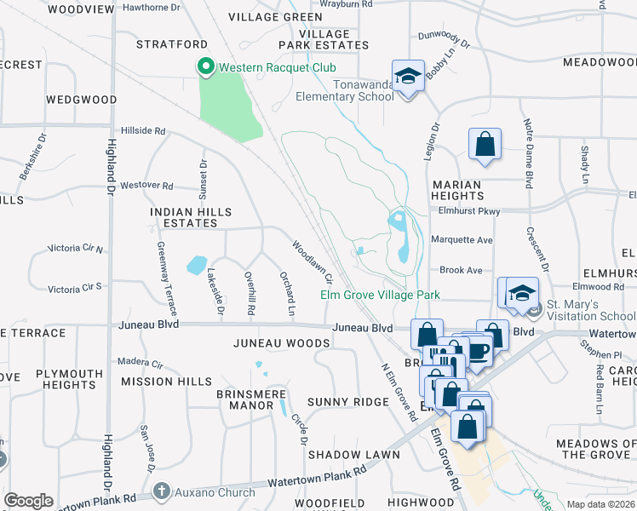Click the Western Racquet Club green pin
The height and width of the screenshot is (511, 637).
[204, 66]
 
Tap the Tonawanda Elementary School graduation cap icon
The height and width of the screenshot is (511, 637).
[409, 77]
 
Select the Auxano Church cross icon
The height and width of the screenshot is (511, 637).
[163, 491]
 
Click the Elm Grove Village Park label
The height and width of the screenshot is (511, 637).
[380, 295]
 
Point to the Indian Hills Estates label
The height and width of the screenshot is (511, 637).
[184, 217]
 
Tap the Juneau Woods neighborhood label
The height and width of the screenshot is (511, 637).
[281, 343]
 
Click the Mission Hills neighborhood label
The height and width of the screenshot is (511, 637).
[166, 382]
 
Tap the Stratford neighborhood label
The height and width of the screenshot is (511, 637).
[173, 43]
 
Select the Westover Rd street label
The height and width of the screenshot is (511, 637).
[146, 185]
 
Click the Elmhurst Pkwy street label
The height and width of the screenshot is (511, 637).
[464, 210]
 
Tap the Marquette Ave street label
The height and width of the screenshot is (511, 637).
[462, 240]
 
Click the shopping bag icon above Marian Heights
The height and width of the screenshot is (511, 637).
[485, 144]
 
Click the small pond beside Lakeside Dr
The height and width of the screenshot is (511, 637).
[196, 265]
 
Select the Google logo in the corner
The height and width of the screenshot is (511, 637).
[28, 501]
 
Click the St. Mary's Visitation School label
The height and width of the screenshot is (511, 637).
[590, 310]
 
